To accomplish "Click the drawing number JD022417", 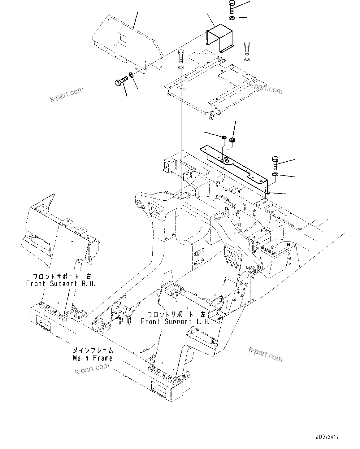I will coord(327,437).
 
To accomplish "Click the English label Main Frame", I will coord(93,358).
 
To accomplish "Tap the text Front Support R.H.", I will coord(61,283).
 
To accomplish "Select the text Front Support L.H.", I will coord(175,321).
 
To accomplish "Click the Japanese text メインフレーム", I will coord(93,351).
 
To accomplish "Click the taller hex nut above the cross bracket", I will coord(232,140).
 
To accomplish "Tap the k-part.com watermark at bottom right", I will coord(266,354).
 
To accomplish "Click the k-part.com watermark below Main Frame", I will coord(92,368).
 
